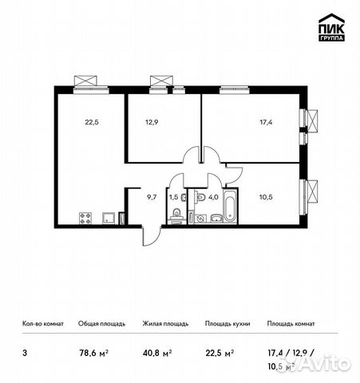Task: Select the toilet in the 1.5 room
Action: [174, 212]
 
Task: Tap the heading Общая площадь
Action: [100, 325]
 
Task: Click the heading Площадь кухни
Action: [227, 325]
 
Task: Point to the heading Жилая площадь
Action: [165, 325]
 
